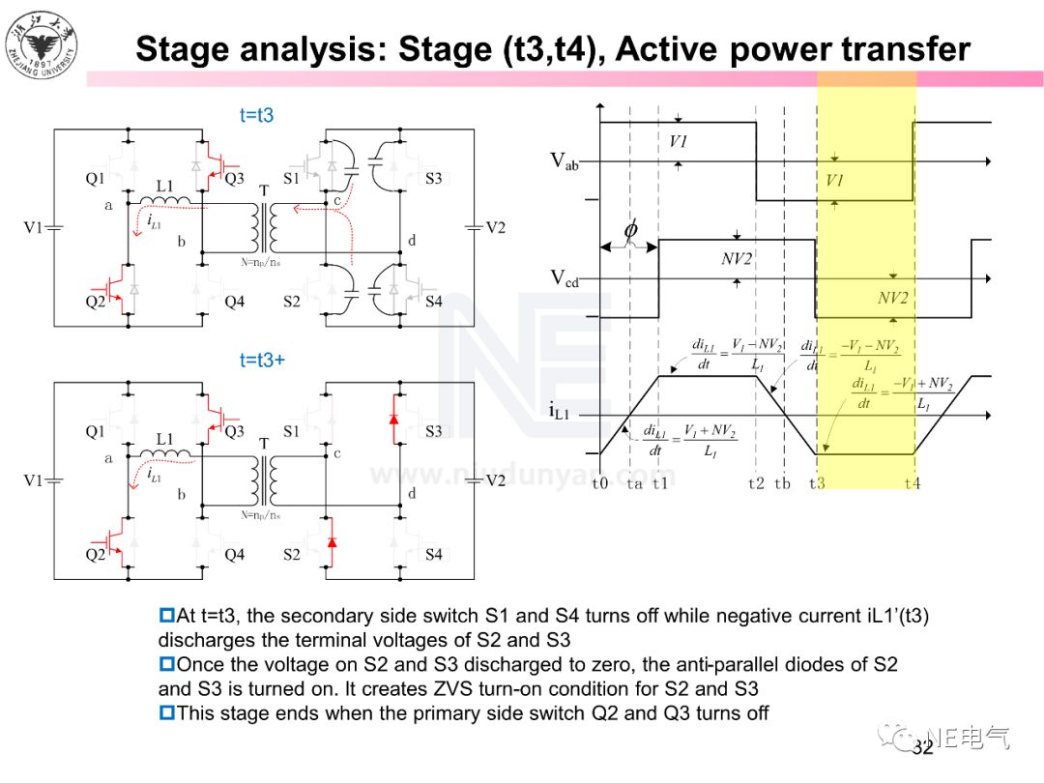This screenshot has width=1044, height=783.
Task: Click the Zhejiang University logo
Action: tap(42, 46)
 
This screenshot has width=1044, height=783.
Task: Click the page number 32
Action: tap(922, 746)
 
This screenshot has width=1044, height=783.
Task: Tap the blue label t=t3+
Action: tap(262, 360)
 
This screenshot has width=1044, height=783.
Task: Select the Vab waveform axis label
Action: tap(565, 161)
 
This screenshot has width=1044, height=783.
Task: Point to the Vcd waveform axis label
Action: tap(565, 279)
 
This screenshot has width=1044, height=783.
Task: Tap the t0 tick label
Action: tap(600, 482)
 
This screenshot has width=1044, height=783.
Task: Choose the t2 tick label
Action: tap(756, 482)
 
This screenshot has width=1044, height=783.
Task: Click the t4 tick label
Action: tap(912, 482)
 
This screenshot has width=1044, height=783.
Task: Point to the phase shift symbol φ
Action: tap(630, 231)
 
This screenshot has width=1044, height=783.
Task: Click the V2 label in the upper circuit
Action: tap(496, 228)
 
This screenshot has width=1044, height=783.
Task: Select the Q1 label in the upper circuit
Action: tap(95, 179)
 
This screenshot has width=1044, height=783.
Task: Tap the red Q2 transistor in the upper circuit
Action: tap(110, 291)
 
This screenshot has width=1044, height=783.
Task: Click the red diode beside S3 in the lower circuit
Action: tap(393, 419)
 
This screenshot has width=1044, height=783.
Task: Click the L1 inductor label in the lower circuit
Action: tap(164, 439)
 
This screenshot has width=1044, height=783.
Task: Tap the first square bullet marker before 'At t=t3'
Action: tap(166, 615)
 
